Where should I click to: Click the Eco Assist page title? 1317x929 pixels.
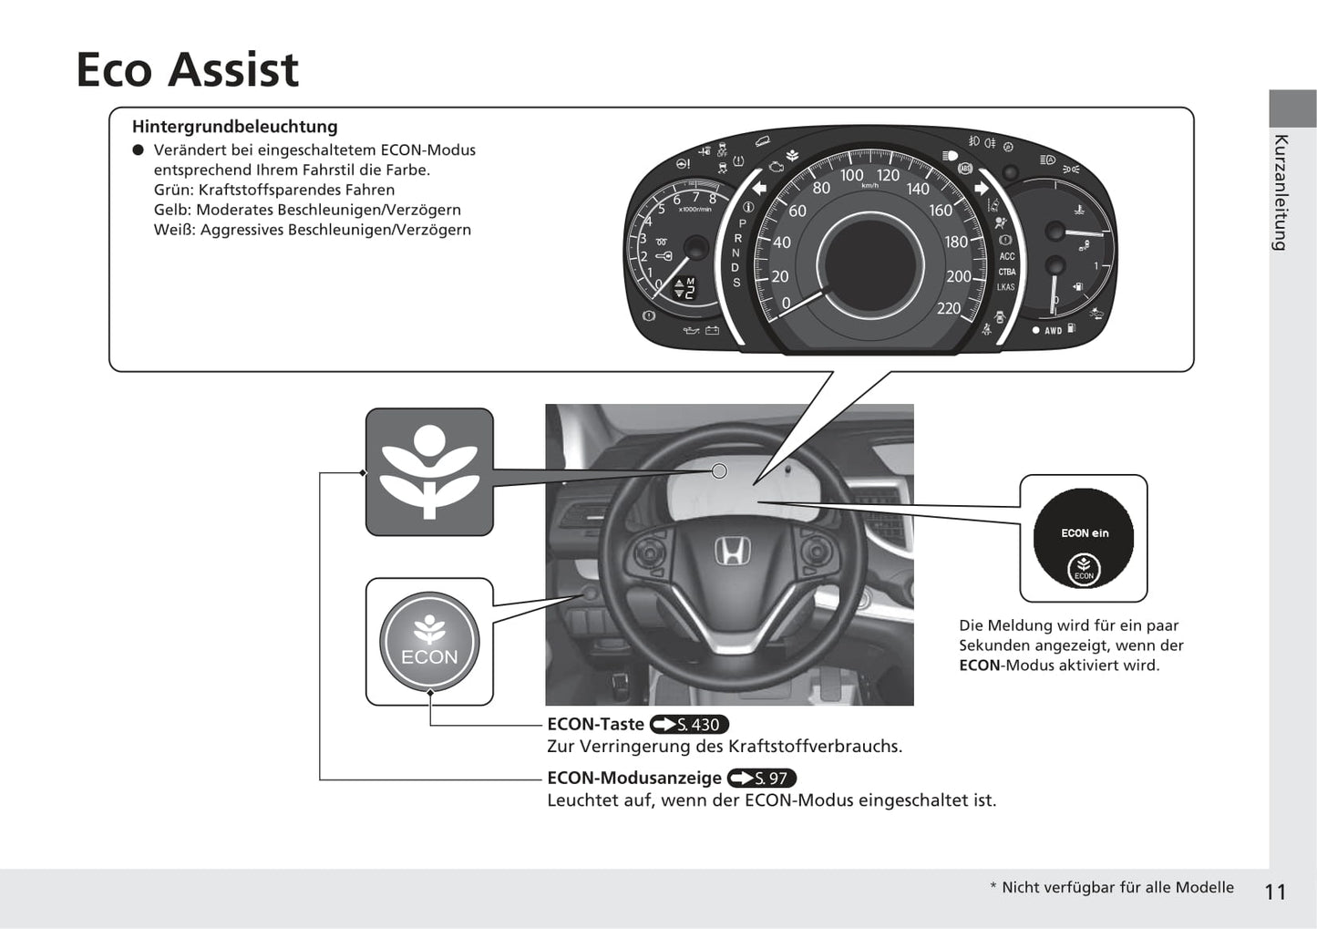tap(187, 70)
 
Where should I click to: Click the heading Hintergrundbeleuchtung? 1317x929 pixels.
tap(234, 127)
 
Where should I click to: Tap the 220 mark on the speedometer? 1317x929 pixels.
tap(949, 308)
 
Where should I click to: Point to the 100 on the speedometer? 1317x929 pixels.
tap(851, 175)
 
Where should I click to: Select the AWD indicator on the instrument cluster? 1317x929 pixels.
tap(1053, 331)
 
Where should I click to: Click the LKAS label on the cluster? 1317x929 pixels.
tap(1005, 287)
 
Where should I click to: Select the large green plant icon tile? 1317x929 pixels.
tap(429, 471)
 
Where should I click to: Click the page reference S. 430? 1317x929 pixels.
tap(689, 725)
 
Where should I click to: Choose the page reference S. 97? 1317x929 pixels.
tap(762, 779)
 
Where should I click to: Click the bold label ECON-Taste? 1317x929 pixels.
tap(595, 725)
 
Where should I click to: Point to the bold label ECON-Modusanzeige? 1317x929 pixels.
tap(633, 779)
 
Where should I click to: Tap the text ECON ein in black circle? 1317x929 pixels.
tap(1085, 533)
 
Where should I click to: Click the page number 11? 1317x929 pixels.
tap(1275, 892)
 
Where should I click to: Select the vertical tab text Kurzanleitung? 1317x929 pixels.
tap(1281, 192)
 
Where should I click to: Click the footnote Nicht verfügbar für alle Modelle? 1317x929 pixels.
tap(1116, 888)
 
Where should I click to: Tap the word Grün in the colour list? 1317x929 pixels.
tap(172, 190)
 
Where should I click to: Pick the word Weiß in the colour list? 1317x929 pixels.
tap(173, 230)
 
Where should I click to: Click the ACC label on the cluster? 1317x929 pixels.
tap(1006, 256)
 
